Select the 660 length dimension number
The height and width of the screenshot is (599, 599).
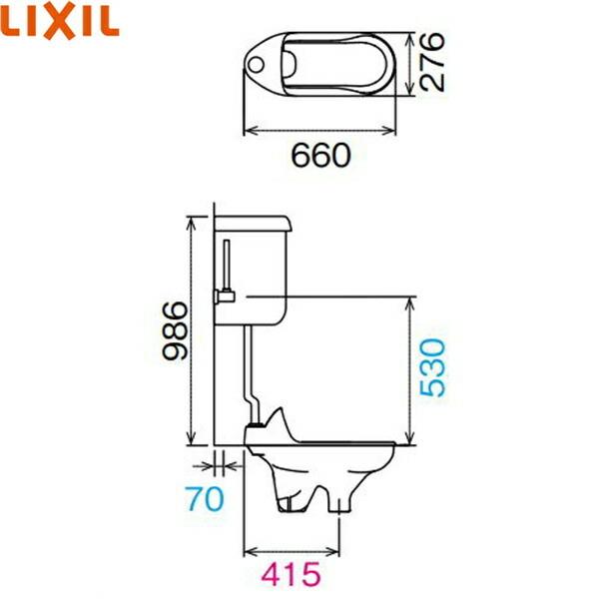coord(320,156)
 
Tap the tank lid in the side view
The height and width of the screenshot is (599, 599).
coord(255,221)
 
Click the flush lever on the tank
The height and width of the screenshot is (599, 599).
coord(226,296)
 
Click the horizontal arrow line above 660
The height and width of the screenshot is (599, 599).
coord(328,129)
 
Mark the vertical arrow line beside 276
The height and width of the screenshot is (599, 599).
coord(411,64)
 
